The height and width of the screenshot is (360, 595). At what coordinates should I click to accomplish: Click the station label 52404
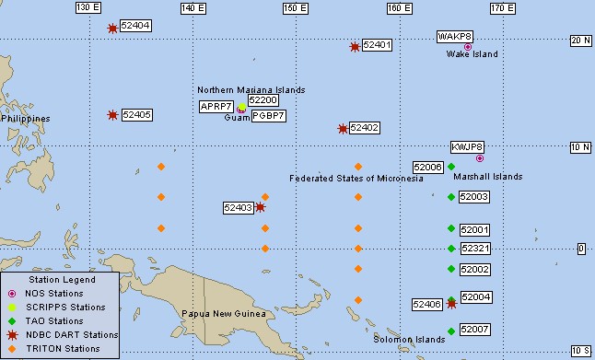[135, 26]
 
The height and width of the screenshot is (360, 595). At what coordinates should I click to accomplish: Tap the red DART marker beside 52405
[112, 115]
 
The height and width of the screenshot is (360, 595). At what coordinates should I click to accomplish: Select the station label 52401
[378, 44]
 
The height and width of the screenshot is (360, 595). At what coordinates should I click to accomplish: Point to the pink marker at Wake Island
[468, 46]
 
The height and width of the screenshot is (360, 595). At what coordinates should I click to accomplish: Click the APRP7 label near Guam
[216, 107]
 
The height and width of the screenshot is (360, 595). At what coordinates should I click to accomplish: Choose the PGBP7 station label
[269, 116]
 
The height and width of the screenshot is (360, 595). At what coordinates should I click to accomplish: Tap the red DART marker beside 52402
[343, 128]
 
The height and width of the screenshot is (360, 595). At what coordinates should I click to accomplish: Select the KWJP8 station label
[467, 146]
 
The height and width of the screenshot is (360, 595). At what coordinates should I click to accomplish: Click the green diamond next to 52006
[451, 167]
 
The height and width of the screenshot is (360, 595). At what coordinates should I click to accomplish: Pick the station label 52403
[238, 208]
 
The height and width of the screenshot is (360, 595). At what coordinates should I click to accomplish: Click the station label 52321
[475, 249]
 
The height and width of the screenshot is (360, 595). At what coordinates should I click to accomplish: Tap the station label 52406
[426, 304]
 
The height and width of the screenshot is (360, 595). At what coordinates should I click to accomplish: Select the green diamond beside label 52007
[451, 329]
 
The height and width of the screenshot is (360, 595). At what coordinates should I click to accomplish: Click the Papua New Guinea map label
[226, 314]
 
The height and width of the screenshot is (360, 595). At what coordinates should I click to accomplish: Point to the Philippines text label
[26, 119]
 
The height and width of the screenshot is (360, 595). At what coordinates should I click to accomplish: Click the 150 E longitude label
[295, 7]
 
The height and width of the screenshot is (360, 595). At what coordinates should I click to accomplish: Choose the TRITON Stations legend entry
[64, 349]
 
